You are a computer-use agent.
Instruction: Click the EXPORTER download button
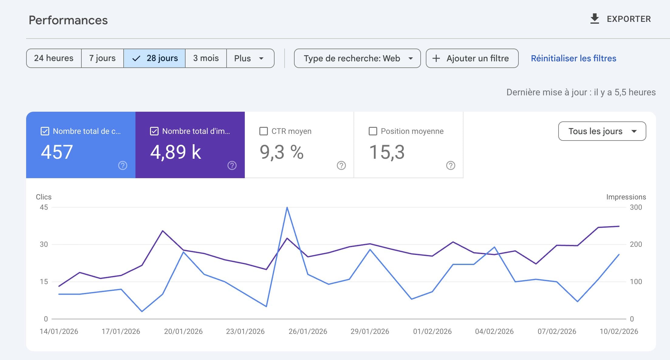[x=620, y=19]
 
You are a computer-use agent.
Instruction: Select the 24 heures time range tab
[x=54, y=58]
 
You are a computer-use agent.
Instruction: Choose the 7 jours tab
[x=102, y=58]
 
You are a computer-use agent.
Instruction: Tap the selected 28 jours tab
[x=155, y=58]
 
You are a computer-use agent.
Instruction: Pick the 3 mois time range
[x=206, y=58]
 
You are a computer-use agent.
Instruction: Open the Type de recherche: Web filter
[x=357, y=58]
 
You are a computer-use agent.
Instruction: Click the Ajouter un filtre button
[x=472, y=58]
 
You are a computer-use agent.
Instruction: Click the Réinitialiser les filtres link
[x=573, y=58]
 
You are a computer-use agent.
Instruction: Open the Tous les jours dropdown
[x=602, y=131]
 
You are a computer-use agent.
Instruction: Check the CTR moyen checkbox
[x=264, y=131]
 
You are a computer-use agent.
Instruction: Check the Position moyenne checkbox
[x=373, y=131]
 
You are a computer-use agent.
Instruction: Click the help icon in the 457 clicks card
[x=123, y=165]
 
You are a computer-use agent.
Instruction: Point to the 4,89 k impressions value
[x=176, y=152]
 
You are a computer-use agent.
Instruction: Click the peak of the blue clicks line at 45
[x=287, y=208]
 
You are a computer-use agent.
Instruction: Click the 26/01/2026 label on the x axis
[x=308, y=331]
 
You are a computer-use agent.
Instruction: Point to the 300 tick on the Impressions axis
[x=636, y=207]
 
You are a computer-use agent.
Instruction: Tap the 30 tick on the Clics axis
[x=44, y=244]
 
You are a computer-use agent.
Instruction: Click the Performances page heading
[x=68, y=20]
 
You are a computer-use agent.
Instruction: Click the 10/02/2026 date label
[x=619, y=331]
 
